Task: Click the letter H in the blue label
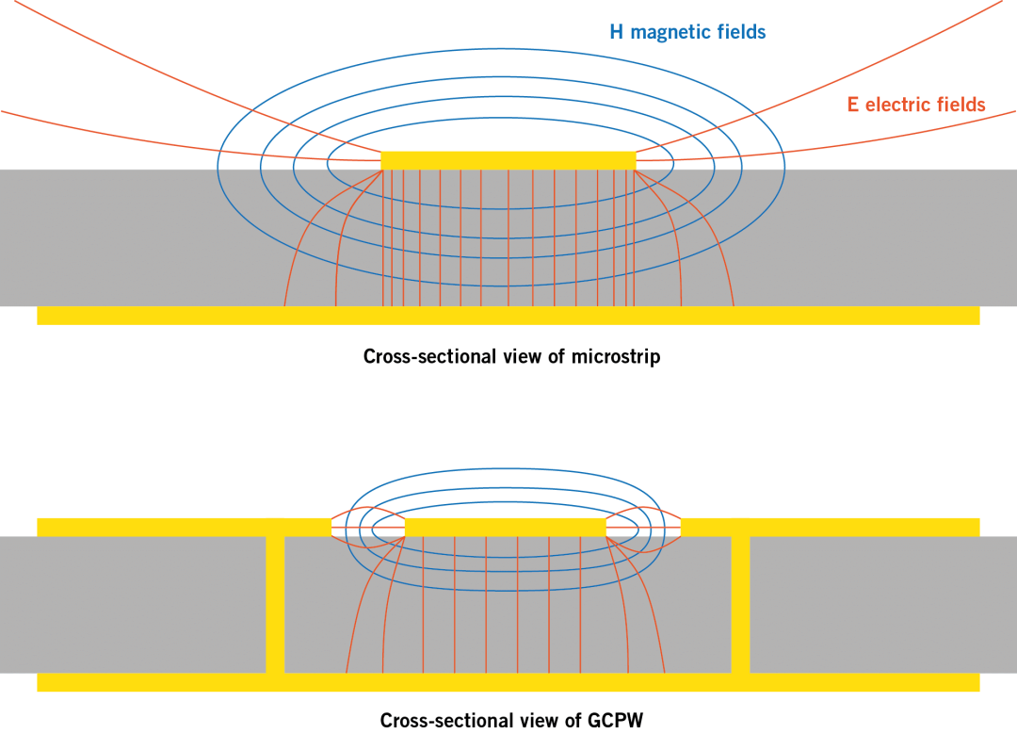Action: [x=616, y=32]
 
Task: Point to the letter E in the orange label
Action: [x=852, y=105]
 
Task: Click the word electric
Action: [x=898, y=105]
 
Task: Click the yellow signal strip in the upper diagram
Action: [x=508, y=160]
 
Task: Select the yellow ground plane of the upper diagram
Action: [x=508, y=316]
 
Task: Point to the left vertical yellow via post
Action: [x=275, y=603]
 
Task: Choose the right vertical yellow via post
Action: [x=740, y=603]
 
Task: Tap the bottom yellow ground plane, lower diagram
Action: [x=508, y=682]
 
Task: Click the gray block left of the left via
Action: [x=132, y=603]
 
